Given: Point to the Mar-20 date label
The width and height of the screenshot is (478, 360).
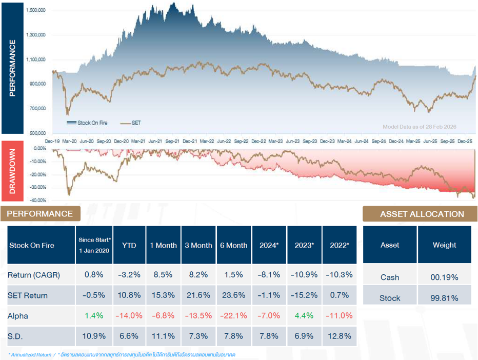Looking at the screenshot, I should [70, 141].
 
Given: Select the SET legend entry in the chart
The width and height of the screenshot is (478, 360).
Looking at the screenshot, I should [136, 123].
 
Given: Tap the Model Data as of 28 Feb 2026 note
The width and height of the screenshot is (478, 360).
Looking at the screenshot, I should [419, 127].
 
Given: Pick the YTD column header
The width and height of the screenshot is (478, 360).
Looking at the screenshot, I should [129, 245].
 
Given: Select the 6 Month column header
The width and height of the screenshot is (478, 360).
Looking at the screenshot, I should [233, 245].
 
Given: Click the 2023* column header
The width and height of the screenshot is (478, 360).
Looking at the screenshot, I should [304, 245].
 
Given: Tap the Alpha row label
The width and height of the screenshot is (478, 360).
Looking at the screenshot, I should [17, 316].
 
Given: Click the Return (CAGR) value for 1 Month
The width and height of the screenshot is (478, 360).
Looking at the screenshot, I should [163, 275].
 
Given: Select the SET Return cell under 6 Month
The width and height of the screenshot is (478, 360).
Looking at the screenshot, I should [233, 295].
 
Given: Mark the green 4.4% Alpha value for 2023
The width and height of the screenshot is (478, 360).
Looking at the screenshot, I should [304, 316].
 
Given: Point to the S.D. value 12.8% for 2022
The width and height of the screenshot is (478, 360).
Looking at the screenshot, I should [338, 336].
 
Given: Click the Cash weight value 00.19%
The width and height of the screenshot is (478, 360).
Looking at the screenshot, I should [444, 277].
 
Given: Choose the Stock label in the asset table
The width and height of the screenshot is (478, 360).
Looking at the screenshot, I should [390, 298].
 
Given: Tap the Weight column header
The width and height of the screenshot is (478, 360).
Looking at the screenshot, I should [444, 245].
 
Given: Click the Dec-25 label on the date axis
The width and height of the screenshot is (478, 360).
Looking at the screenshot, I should [465, 141].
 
